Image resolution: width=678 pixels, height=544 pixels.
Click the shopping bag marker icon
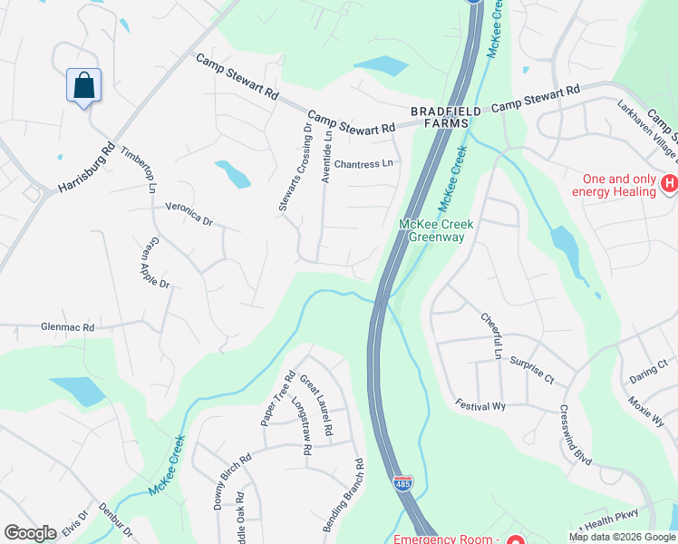pos(83,86)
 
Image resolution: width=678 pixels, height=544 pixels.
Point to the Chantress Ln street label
pos(364,164)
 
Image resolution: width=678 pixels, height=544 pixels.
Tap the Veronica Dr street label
pos(189,213)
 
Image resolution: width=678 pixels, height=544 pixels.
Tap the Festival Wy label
pos(479,405)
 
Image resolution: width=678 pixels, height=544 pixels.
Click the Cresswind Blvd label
pos(576,436)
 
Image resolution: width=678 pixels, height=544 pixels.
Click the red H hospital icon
pos(669,185)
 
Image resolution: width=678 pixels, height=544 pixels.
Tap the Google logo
pos(30,533)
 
